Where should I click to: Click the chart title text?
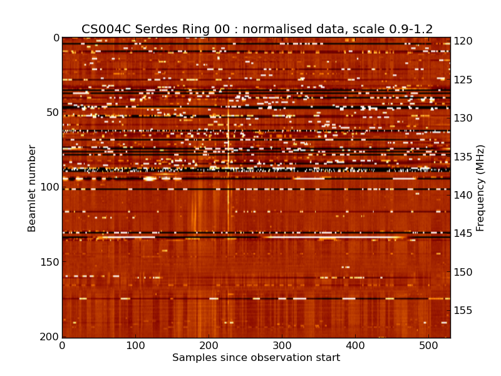(257, 29)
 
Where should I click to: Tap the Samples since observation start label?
(256, 358)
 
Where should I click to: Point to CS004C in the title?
(104, 29)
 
